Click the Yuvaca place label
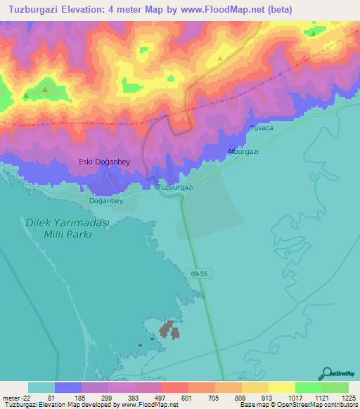[260, 128]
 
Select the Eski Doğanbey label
[104, 162]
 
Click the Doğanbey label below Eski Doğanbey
[106, 200]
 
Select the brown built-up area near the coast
[169, 330]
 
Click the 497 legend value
[160, 398]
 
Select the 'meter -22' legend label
[18, 398]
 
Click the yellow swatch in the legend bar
[281, 387]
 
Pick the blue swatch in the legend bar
[67, 387]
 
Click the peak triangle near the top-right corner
[313, 32]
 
